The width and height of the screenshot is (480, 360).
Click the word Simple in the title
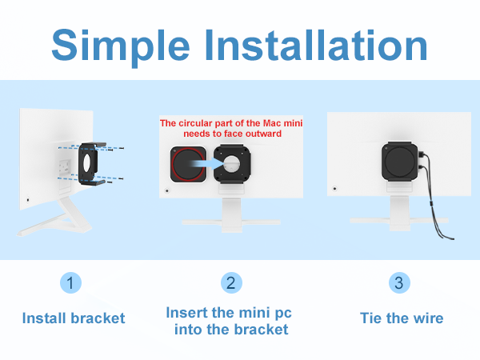click(x=121, y=46)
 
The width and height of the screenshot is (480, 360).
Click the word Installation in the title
click(x=316, y=46)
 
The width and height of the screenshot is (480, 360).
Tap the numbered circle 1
click(x=70, y=282)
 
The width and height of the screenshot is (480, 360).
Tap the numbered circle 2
click(x=231, y=282)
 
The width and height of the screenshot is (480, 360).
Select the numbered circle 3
click(x=399, y=282)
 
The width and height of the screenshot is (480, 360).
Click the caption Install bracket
click(x=74, y=318)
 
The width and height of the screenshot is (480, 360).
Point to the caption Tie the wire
click(x=402, y=318)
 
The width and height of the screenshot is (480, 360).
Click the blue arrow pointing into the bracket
click(x=209, y=163)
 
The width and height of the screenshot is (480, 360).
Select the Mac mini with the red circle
click(x=188, y=164)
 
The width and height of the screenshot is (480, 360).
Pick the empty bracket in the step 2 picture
click(x=232, y=164)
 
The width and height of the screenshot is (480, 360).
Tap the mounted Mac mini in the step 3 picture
click(x=400, y=162)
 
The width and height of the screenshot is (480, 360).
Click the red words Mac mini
click(x=283, y=123)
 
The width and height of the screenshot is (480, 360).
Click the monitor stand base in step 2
click(x=231, y=222)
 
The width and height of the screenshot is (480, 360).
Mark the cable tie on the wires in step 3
click(x=430, y=203)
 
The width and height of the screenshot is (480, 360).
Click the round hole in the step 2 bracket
click(x=232, y=164)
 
